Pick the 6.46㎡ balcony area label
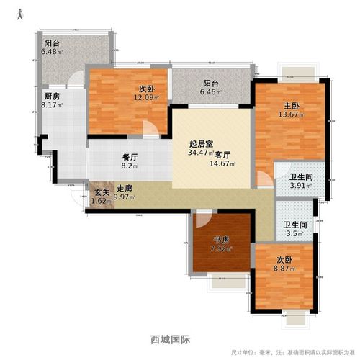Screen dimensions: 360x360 click(207, 93)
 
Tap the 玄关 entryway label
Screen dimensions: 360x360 click(102, 191)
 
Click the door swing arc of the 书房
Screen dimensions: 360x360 click(202, 220)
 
